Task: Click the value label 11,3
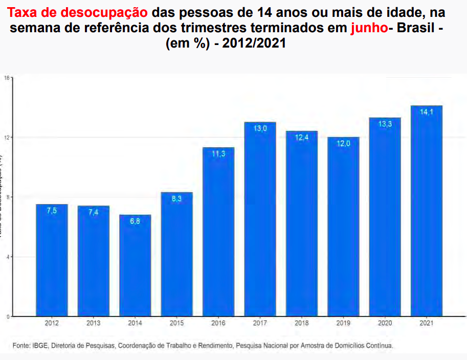click(x=218, y=154)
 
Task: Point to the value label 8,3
click(x=176, y=199)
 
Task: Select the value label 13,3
click(x=385, y=124)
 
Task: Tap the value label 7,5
click(x=52, y=211)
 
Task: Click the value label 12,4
click(x=302, y=138)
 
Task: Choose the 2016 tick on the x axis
click(x=218, y=323)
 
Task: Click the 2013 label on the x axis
click(x=93, y=323)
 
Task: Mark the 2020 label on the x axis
click(x=385, y=323)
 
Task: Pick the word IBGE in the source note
click(x=39, y=346)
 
